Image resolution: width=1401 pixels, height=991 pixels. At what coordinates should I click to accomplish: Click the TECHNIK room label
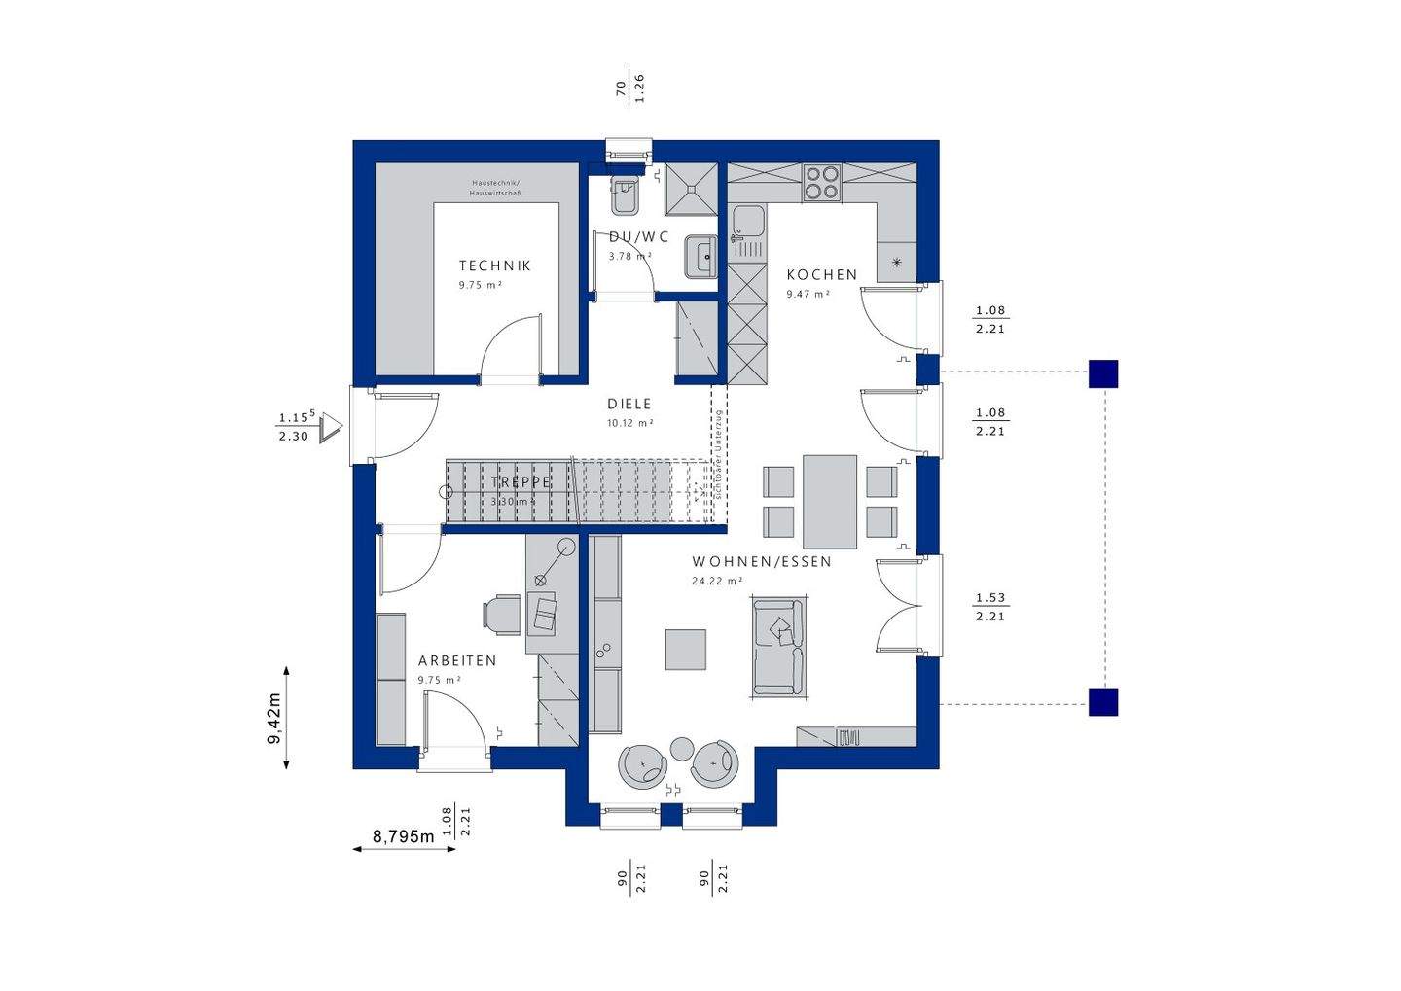tap(495, 265)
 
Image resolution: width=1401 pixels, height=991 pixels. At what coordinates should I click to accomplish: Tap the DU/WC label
tap(639, 236)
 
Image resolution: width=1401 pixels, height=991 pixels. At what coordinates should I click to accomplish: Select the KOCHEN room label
tap(822, 275)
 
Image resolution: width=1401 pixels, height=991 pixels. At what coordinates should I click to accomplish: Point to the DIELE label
tap(629, 404)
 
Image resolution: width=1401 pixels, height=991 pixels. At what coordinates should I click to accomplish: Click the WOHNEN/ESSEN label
tap(762, 562)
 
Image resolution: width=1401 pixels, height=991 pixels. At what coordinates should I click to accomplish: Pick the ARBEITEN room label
tap(457, 660)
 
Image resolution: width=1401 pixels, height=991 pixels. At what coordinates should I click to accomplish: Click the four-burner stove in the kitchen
tap(822, 183)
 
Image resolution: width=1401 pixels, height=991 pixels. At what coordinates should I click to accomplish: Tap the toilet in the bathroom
tap(625, 196)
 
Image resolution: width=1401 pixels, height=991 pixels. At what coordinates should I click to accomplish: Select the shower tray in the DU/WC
tap(691, 189)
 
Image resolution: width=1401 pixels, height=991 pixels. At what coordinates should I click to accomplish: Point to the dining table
tap(830, 501)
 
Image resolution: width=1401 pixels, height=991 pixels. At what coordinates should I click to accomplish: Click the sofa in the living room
tap(778, 648)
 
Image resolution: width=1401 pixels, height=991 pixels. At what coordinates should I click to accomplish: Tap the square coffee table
tap(686, 650)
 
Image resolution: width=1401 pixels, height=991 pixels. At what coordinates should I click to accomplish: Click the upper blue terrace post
tap(1103, 373)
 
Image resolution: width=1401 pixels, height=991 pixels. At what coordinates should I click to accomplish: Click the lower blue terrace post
tap(1103, 701)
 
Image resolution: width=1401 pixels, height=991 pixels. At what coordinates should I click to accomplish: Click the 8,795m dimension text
tap(403, 835)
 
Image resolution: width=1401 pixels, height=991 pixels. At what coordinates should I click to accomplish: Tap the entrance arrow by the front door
tap(333, 425)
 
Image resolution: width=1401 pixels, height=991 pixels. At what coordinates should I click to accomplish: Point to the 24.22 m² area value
tap(716, 582)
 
